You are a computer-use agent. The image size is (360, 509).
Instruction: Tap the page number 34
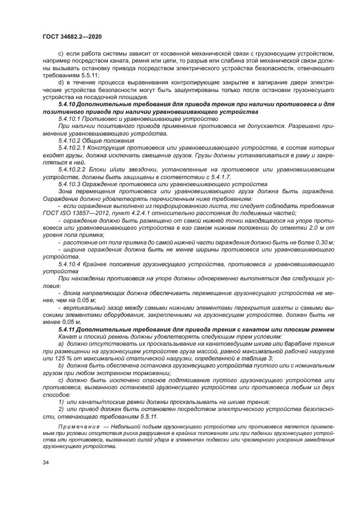pyautogui.click(x=46, y=462)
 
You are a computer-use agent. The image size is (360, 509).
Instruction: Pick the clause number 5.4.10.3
pyautogui.click(x=72, y=184)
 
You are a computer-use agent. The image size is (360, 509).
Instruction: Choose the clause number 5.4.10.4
pyautogui.click(x=72, y=263)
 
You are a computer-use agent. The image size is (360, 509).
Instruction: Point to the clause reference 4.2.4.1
pyautogui.click(x=141, y=212)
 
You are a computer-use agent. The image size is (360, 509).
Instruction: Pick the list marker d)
pyautogui.click(x=61, y=81)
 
